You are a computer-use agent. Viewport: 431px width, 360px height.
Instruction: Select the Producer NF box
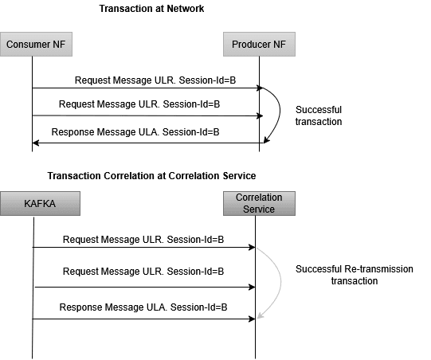click(259, 44)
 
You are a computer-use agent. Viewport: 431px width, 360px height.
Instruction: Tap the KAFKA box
click(33, 203)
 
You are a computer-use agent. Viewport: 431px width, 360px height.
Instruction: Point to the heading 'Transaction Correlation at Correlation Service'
click(151, 175)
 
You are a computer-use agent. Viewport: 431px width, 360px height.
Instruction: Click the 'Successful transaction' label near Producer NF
click(318, 115)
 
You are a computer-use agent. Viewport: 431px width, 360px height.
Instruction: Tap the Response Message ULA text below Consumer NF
click(135, 132)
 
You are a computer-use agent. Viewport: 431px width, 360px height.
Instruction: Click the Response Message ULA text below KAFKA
click(143, 307)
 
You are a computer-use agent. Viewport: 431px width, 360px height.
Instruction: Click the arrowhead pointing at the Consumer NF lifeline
click(36, 143)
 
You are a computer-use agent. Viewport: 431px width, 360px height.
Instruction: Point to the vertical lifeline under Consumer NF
click(32, 104)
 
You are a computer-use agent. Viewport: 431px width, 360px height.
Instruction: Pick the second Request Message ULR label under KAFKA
click(143, 272)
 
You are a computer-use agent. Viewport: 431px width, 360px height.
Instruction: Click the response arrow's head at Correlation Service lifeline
click(251, 319)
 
